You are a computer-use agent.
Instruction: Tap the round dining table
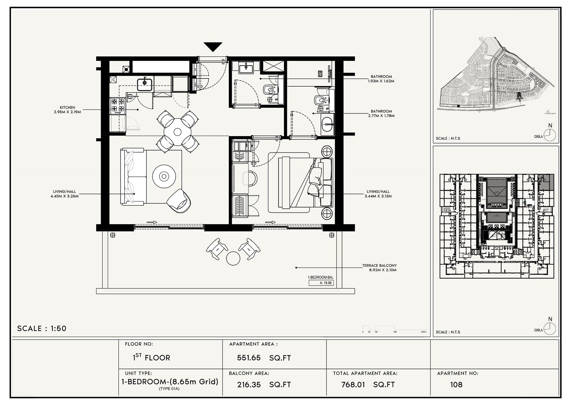[x=178, y=132]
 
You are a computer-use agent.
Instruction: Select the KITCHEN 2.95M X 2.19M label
[x=68, y=110]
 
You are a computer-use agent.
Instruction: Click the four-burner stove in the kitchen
[x=117, y=105]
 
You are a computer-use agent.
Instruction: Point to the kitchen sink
[x=145, y=84]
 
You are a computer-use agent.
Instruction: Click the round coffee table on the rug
[x=164, y=176]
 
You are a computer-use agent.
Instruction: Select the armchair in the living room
[x=179, y=201]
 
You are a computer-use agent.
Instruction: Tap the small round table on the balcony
[x=233, y=258]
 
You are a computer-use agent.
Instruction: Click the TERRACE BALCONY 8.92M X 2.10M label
[x=379, y=268]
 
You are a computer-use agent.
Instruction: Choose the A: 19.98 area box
[x=321, y=283]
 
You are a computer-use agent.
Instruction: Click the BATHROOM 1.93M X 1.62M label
[x=381, y=79]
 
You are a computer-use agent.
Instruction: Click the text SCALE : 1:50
[x=42, y=329]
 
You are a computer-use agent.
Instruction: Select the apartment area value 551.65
[x=249, y=358]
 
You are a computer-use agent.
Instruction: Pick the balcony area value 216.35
[x=249, y=385]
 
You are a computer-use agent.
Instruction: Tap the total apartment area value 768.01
[x=353, y=385]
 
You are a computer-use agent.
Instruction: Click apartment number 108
[x=456, y=385]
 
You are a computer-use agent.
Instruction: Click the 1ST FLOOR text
[x=151, y=358]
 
